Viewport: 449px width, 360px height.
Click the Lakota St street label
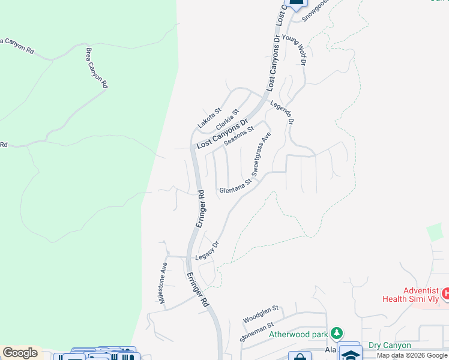pyautogui.click(x=210, y=118)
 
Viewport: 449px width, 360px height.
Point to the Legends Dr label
pyautogui.click(x=282, y=112)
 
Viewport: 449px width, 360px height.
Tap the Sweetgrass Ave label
pyautogui.click(x=261, y=153)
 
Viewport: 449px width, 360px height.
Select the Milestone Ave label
pyautogui.click(x=163, y=283)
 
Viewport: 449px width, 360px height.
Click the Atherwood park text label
pyautogui.click(x=298, y=334)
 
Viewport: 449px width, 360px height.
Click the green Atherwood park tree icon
pyautogui.click(x=337, y=333)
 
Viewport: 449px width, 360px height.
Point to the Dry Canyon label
pyautogui.click(x=390, y=345)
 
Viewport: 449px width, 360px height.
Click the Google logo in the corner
pyautogui.click(x=20, y=353)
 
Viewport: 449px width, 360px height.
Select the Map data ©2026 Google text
pyautogui.click(x=411, y=356)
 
